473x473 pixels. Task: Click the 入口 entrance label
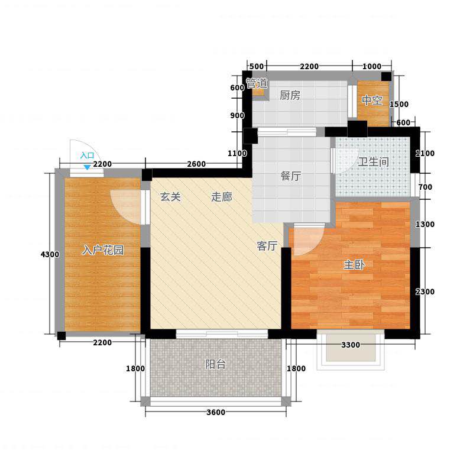pyautogui.click(x=87, y=155)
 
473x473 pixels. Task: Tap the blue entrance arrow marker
pyautogui.click(x=87, y=167)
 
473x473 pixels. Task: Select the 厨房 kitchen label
pyautogui.click(x=290, y=95)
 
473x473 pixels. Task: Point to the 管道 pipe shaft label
pyautogui.click(x=257, y=83)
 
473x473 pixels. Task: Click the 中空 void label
pyautogui.click(x=372, y=101)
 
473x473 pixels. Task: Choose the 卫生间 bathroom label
pyautogui.click(x=374, y=162)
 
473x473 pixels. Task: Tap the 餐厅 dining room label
pyautogui.click(x=291, y=176)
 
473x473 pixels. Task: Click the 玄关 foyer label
pyautogui.click(x=170, y=197)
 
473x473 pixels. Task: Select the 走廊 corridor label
pyautogui.click(x=222, y=197)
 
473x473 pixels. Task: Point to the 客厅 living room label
pyautogui.click(x=267, y=246)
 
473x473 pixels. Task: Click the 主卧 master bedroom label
pyautogui.click(x=354, y=265)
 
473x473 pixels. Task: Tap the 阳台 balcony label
pyautogui.click(x=215, y=364)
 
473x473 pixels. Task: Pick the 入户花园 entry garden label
pyautogui.click(x=102, y=250)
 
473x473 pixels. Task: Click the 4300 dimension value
pyautogui.click(x=50, y=254)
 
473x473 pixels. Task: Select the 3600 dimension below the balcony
pyautogui.click(x=216, y=412)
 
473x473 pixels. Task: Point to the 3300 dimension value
pyautogui.click(x=351, y=345)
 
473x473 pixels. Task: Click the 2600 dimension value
pyautogui.click(x=196, y=164)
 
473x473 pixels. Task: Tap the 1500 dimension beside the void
pyautogui.click(x=399, y=104)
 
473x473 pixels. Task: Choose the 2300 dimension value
pyautogui.click(x=425, y=291)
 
